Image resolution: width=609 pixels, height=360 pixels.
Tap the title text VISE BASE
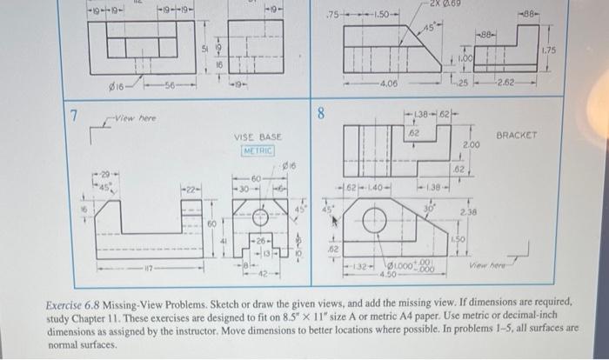point(258,137)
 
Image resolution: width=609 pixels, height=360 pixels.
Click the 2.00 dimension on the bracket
point(472,143)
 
